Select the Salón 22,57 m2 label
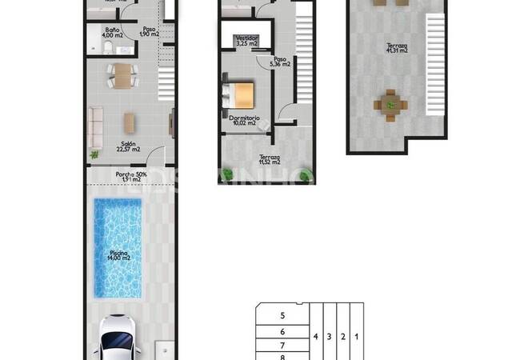pyautogui.click(x=128, y=146)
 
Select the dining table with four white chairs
pyautogui.click(x=121, y=74)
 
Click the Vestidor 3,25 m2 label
pyautogui.click(x=246, y=41)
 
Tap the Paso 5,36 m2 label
pyautogui.click(x=280, y=62)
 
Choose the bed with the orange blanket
pyautogui.click(x=240, y=94)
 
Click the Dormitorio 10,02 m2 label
pyautogui.click(x=242, y=121)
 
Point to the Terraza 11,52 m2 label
pyautogui.click(x=269, y=160)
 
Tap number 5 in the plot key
pyautogui.click(x=282, y=316)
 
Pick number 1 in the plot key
pyautogui.click(x=356, y=337)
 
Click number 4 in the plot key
pyautogui.click(x=317, y=337)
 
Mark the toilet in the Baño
pyautogui.click(x=106, y=49)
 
